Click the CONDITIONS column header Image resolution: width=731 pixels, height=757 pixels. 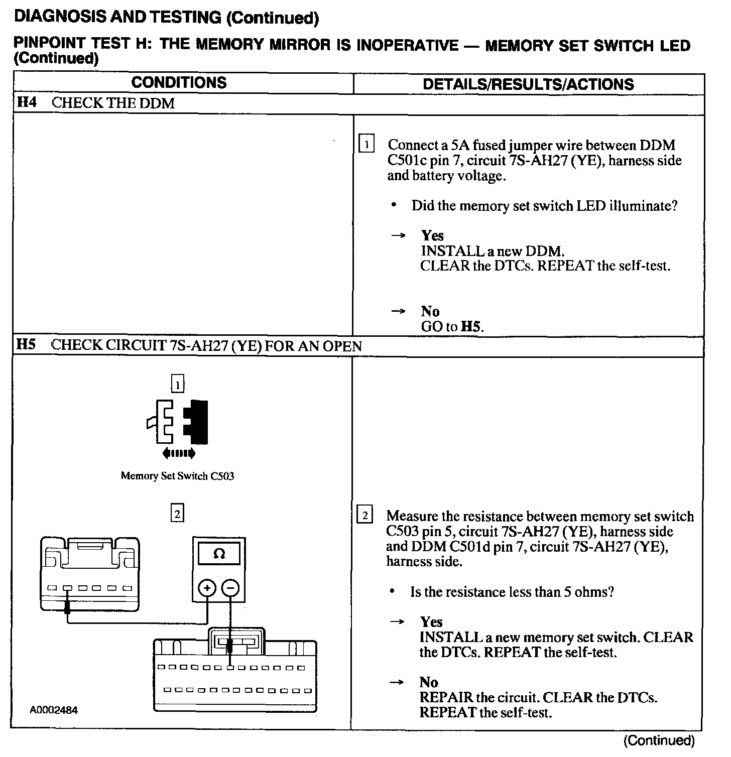(x=179, y=83)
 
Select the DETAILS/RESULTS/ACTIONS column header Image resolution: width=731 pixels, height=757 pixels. (x=528, y=84)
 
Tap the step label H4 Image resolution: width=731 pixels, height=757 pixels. (x=27, y=103)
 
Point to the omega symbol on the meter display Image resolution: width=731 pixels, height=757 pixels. (x=219, y=554)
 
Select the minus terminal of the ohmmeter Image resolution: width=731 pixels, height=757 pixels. (x=230, y=587)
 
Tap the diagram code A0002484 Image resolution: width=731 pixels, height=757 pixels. (x=53, y=710)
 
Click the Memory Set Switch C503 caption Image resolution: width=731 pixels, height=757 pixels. (x=177, y=476)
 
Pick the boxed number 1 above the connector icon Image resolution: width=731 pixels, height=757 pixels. (x=178, y=385)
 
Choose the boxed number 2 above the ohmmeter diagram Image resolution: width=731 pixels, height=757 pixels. (x=177, y=514)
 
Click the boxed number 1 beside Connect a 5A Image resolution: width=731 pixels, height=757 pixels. (x=367, y=145)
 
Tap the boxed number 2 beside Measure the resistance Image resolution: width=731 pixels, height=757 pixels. (x=365, y=516)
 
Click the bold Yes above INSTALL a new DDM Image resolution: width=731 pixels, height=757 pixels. (x=432, y=235)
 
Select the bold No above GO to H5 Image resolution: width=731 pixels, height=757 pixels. (x=430, y=311)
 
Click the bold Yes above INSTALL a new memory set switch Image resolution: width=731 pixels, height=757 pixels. (x=431, y=622)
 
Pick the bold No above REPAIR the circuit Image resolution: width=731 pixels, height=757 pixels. (x=429, y=682)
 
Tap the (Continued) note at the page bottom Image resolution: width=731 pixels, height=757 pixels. (x=659, y=740)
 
